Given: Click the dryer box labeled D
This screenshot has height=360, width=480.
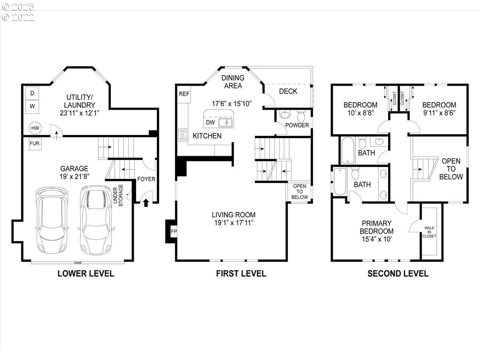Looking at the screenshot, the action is [x=32, y=93].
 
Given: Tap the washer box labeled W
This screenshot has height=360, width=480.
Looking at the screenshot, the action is [x=32, y=107].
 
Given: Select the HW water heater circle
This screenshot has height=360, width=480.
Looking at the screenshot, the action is [x=35, y=128].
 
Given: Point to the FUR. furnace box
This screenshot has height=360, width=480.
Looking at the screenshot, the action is [x=35, y=144].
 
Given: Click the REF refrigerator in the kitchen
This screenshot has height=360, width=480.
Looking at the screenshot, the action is [x=184, y=94].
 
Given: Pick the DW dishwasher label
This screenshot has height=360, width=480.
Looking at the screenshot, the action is [x=210, y=122].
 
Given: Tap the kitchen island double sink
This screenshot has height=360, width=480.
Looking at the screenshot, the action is [x=226, y=123].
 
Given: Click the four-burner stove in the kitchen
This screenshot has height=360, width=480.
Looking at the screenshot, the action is [x=182, y=135].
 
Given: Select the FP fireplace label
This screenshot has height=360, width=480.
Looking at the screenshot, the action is [x=174, y=232].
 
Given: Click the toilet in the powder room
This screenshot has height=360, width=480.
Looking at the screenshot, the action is [x=301, y=116].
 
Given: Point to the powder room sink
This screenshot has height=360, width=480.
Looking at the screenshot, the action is [x=285, y=114].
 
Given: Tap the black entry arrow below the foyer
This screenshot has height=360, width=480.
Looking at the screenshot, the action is [x=146, y=203].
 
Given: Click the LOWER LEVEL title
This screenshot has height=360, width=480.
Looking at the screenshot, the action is [x=86, y=274].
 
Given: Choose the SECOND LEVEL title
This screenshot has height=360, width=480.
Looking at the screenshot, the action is [x=398, y=274].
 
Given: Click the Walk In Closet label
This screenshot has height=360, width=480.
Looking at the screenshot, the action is [x=429, y=232].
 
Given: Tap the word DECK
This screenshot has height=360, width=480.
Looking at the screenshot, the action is [x=288, y=91].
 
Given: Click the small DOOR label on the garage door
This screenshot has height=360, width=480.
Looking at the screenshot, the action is [x=78, y=263].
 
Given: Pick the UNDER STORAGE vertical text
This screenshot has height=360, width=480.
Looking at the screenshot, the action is [x=118, y=196].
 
